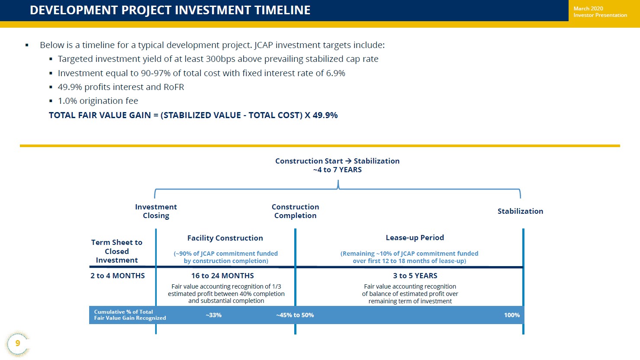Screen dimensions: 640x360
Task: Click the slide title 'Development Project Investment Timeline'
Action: [x=170, y=10]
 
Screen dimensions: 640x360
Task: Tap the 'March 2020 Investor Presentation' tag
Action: [x=600, y=12]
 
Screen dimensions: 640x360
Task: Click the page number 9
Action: [x=18, y=343]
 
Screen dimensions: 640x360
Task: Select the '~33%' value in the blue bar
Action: [x=214, y=315]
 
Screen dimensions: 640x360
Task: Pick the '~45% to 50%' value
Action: [x=295, y=315]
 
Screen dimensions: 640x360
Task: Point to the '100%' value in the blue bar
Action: [x=512, y=315]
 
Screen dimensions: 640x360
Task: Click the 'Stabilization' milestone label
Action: [x=520, y=211]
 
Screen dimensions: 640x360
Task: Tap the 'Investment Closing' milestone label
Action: [x=156, y=211]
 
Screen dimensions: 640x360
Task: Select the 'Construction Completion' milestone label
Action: [x=295, y=211]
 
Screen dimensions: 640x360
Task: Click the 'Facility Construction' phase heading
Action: [x=225, y=238]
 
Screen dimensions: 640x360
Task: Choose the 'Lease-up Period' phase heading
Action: [x=415, y=238]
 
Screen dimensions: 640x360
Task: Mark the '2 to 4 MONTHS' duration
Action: [x=118, y=276]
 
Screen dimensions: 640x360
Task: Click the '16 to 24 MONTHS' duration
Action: [x=222, y=276]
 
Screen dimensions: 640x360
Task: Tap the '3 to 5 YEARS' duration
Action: [x=415, y=276]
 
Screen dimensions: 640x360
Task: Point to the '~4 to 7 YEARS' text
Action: [x=338, y=170]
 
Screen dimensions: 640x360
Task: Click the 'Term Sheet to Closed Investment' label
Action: [x=116, y=251]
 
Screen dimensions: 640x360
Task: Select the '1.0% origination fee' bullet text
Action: [x=98, y=101]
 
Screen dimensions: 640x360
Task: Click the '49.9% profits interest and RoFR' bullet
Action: [x=121, y=87]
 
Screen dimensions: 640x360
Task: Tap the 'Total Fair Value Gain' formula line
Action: [x=193, y=115]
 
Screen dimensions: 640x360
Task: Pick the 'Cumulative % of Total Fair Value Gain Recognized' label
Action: [x=130, y=315]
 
